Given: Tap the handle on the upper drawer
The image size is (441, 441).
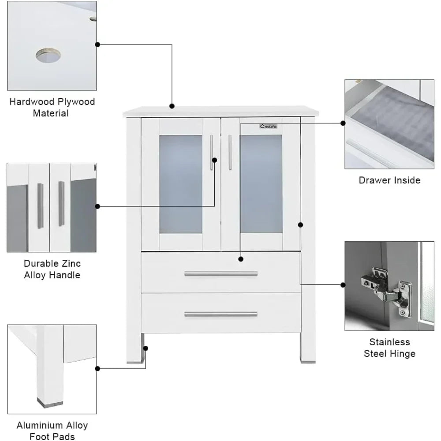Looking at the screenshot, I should click(220, 274).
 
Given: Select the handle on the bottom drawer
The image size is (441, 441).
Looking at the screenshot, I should click(220, 314).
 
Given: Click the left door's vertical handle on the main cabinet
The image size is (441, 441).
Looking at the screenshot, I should click(212, 152).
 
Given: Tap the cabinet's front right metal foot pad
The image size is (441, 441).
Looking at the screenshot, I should click(307, 360).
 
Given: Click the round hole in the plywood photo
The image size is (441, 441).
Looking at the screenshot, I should click(48, 56).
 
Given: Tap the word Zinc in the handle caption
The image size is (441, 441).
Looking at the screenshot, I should click(71, 264).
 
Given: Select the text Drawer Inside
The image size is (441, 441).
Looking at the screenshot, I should click(389, 180).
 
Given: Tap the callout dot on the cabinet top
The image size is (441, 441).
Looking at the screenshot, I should click(172, 106).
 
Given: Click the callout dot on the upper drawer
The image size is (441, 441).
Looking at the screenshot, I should click(240, 259).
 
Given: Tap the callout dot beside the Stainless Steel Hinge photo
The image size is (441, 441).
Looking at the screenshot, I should click(343, 285).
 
